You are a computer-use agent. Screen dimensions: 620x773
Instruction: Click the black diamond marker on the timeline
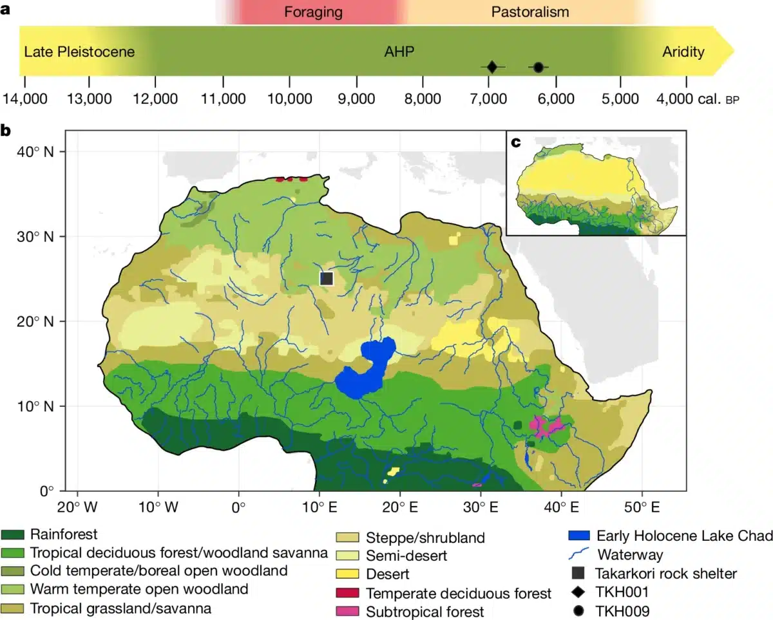(492, 67)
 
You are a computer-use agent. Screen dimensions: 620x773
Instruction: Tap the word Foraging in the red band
(313, 12)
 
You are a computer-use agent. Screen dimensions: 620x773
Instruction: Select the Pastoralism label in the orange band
(530, 12)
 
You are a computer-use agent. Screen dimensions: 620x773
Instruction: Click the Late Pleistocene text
(79, 52)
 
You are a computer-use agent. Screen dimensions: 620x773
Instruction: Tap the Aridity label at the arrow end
(683, 52)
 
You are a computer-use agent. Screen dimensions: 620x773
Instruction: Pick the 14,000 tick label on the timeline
(24, 99)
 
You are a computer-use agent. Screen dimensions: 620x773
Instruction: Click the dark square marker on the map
(327, 278)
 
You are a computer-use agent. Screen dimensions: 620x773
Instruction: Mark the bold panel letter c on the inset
(516, 142)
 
